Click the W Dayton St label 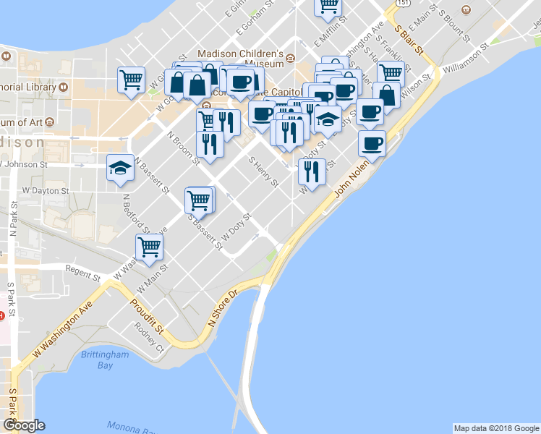[x=45, y=191]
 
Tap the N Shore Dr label [x=223, y=310]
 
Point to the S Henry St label [x=263, y=172]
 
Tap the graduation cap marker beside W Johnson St [x=120, y=169]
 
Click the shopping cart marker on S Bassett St [x=199, y=199]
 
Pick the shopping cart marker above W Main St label [x=149, y=247]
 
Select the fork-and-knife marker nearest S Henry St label [x=312, y=172]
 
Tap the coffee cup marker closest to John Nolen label [x=372, y=142]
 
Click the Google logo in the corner [x=25, y=425]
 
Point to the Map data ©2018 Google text [x=495, y=428]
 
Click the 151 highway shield [x=408, y=4]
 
